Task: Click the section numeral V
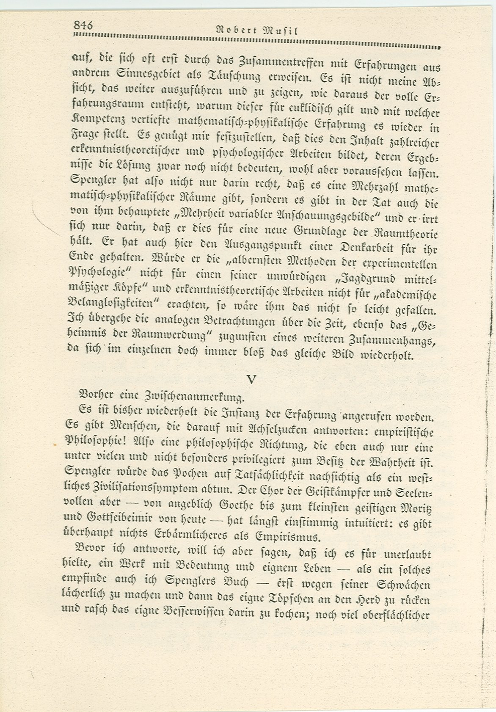252,380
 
